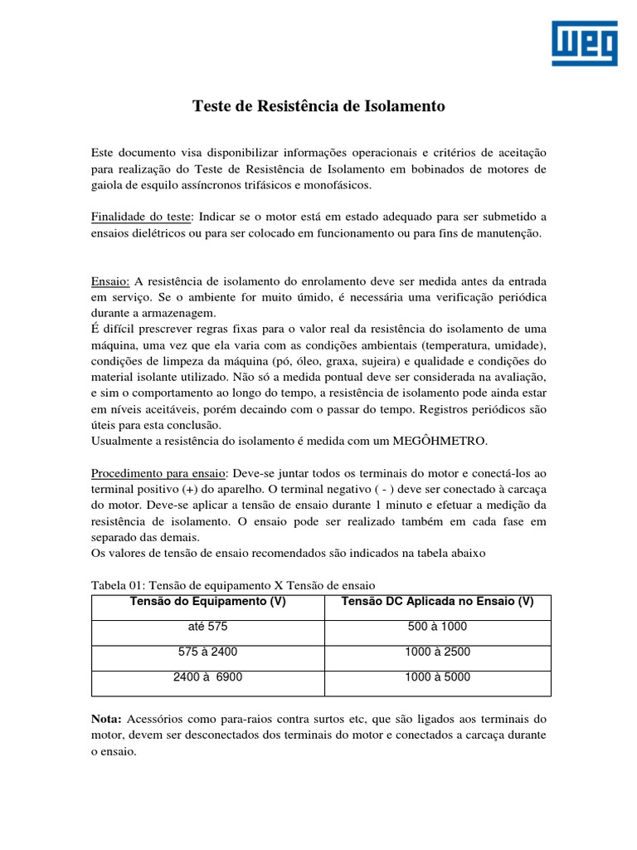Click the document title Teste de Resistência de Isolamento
click(318, 106)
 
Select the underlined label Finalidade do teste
click(141, 217)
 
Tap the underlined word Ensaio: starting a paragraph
click(110, 281)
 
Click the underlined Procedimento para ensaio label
click(158, 472)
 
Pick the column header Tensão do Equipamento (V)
click(208, 602)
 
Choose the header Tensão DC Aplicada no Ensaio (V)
click(437, 602)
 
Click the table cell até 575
click(207, 627)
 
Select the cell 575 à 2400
click(207, 652)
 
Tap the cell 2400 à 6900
click(207, 677)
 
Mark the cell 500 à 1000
click(437, 627)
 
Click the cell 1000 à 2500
click(437, 652)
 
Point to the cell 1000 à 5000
click(437, 677)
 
